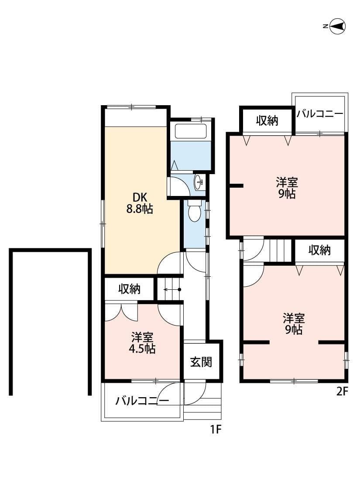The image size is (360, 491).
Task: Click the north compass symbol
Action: [x=337, y=27]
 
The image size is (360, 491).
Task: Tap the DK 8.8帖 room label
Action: [x=139, y=203]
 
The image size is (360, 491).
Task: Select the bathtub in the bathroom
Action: [x=190, y=131]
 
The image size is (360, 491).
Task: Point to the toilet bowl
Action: [x=194, y=212]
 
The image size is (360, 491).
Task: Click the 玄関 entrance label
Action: [x=201, y=362]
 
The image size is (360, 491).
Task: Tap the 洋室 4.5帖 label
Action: [x=143, y=343]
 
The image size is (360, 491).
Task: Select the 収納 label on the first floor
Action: [x=129, y=289]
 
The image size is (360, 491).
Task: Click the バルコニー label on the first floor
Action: [x=142, y=401]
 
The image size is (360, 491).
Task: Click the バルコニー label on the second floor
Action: [x=320, y=114]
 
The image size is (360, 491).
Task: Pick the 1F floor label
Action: [x=216, y=429]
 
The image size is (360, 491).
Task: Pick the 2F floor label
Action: [x=342, y=391]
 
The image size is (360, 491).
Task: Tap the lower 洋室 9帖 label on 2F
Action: [x=293, y=323]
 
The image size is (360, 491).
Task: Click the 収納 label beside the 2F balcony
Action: [x=267, y=121]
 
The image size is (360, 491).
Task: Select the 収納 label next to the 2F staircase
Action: [x=320, y=251]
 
